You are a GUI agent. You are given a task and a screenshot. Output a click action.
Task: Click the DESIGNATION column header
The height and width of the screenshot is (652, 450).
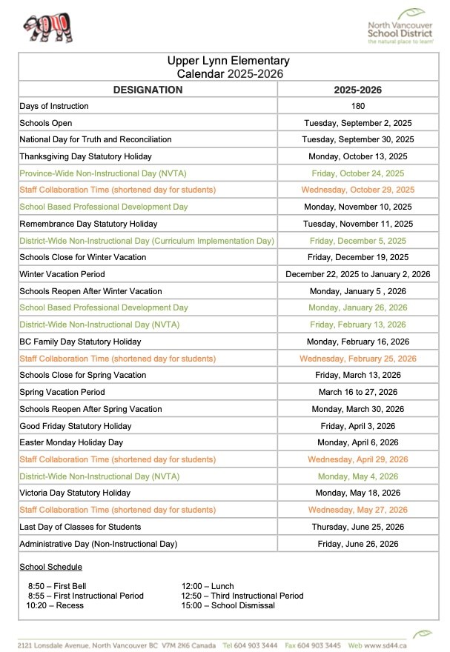tap(148, 90)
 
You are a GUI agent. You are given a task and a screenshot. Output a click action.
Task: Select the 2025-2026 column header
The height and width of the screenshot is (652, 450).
tap(357, 90)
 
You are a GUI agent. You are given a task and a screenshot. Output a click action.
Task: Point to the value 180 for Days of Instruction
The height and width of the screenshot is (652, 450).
tap(357, 106)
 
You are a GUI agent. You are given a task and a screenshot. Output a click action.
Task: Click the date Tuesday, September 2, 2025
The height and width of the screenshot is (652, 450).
tap(357, 123)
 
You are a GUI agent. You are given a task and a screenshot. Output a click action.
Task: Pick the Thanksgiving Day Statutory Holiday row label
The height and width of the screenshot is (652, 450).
tap(85, 156)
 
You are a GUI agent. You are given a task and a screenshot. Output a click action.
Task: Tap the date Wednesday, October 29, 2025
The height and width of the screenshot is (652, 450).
tap(357, 190)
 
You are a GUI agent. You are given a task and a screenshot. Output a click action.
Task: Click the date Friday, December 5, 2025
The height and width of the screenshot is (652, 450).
tap(357, 241)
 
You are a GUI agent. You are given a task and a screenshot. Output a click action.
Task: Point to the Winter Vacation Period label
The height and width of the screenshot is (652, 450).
tap(62, 274)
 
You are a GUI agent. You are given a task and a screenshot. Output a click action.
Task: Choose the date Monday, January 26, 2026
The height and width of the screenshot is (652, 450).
tap(357, 307)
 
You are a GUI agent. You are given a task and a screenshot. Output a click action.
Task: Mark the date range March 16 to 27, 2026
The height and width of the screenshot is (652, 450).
tap(357, 392)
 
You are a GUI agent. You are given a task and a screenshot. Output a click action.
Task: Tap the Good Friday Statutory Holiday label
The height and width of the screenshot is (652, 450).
tap(75, 426)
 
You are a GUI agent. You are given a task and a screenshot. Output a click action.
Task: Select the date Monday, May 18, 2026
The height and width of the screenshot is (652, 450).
tap(357, 493)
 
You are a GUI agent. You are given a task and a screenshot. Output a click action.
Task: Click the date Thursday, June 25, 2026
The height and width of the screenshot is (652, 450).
tap(357, 527)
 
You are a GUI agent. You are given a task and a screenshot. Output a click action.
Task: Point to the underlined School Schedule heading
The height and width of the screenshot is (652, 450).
tap(50, 567)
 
